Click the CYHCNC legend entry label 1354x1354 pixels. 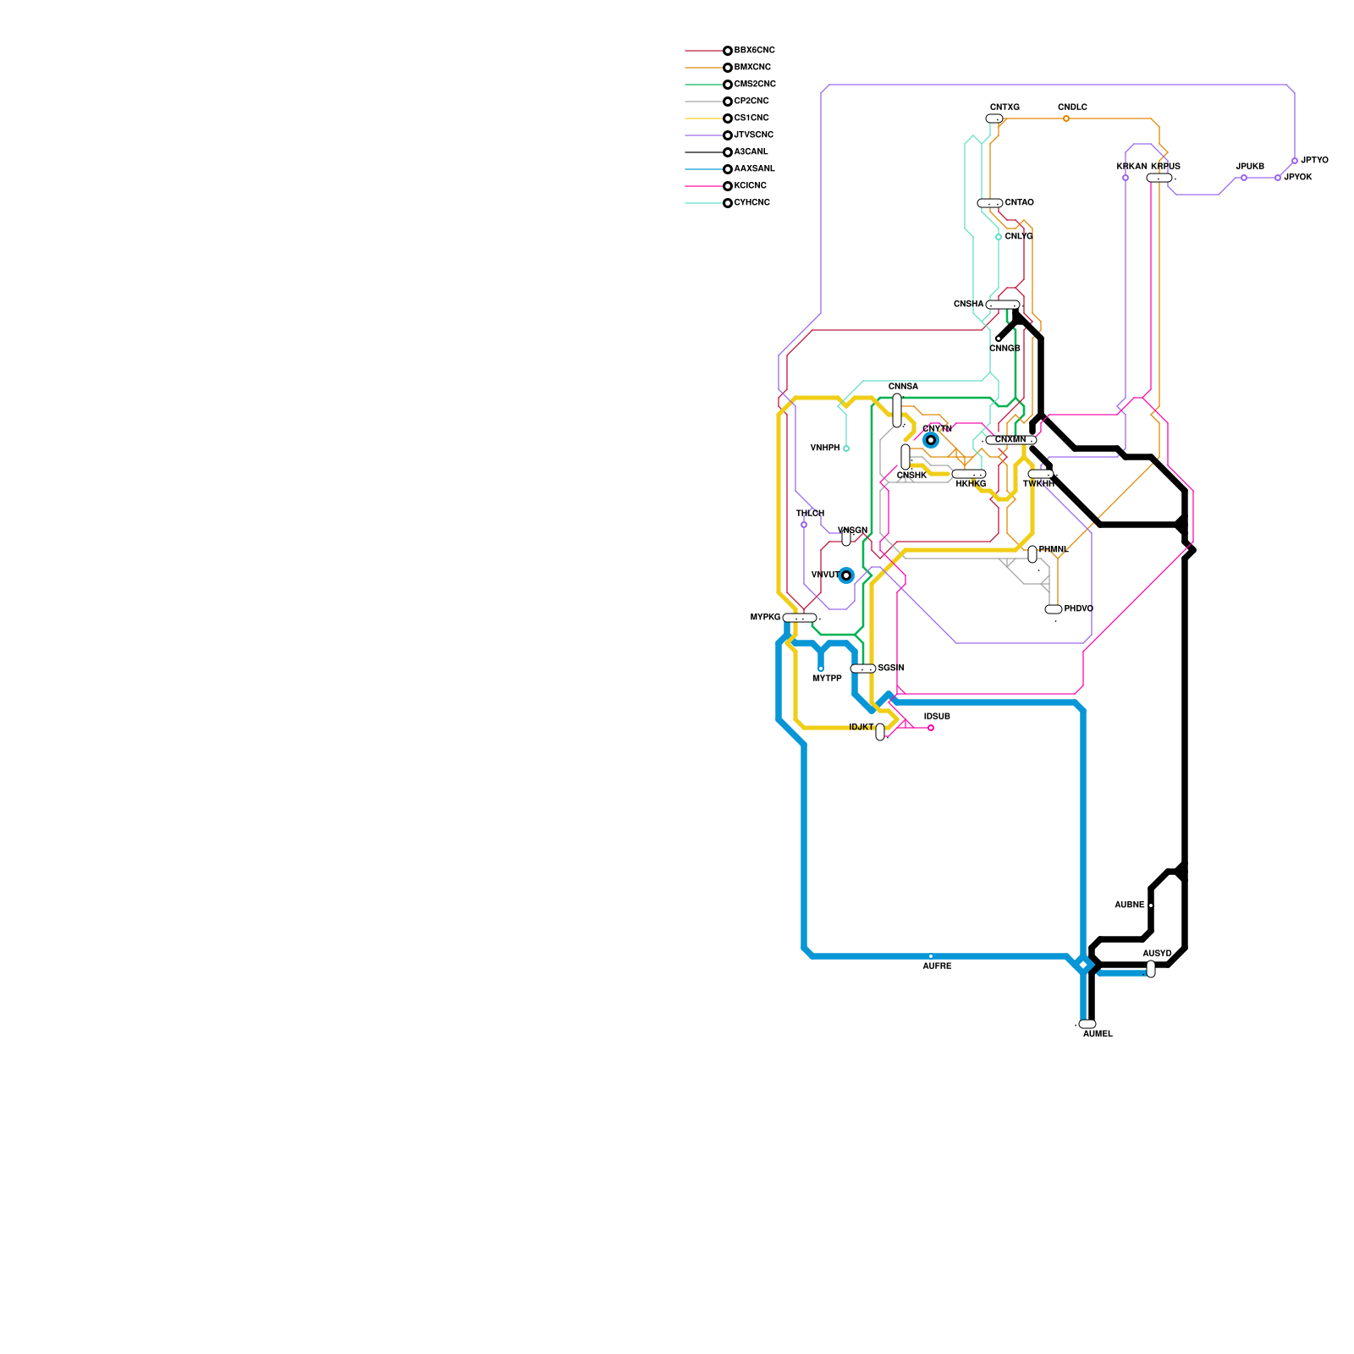tap(751, 203)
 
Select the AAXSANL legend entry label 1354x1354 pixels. tap(754, 169)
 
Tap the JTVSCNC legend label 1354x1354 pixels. tap(753, 135)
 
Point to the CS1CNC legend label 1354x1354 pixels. tap(751, 118)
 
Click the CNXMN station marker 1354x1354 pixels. tap(1010, 440)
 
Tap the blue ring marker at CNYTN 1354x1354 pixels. tap(931, 440)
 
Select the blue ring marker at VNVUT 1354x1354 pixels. tap(845, 575)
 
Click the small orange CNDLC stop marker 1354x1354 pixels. tap(1066, 118)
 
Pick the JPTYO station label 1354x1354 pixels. tap(1314, 161)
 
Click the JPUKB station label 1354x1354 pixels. tap(1250, 167)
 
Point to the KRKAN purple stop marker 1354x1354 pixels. tap(1126, 178)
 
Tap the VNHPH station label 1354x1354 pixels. tap(824, 449)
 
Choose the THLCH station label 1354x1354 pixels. tap(810, 514)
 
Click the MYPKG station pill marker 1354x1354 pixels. tap(800, 618)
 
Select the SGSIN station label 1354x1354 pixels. tap(890, 669)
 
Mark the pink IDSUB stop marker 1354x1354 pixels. tap(931, 728)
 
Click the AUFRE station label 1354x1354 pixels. tap(937, 966)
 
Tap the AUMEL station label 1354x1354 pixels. tap(1098, 1034)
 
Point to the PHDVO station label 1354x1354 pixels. tap(1078, 609)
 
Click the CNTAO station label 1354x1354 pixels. tap(1019, 203)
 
